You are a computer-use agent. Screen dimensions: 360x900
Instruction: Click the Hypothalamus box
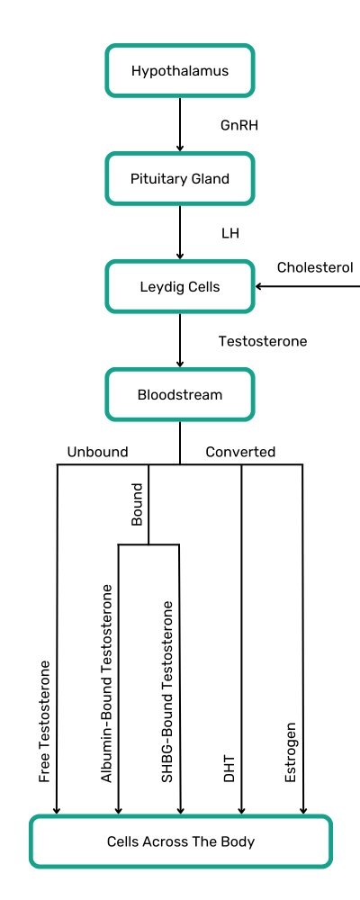180,70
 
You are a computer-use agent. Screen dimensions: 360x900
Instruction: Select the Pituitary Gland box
180,178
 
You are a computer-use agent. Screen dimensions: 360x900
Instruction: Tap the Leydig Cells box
180,286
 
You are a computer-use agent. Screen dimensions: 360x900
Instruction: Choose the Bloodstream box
180,395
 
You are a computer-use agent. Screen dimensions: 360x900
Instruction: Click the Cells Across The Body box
180,841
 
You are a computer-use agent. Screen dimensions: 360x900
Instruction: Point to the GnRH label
239,125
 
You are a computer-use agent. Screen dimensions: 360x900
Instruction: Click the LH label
230,234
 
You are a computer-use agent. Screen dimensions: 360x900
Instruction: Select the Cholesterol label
315,267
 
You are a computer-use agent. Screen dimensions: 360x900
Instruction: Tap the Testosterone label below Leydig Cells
263,341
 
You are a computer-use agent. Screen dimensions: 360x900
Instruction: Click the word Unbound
97,452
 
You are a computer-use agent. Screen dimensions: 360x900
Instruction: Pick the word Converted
240,452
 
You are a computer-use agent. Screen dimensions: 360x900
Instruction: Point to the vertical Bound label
137,504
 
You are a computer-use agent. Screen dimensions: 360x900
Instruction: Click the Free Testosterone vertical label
45,722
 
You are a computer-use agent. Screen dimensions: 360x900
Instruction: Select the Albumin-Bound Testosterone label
106,683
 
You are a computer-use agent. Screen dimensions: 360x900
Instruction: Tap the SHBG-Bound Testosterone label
167,691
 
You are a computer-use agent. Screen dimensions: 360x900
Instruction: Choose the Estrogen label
291,751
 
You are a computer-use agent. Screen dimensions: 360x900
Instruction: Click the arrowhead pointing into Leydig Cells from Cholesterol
258,286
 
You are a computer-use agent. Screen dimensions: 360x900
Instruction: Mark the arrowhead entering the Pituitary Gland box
180,148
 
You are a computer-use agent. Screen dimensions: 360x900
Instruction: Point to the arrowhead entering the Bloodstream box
180,364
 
